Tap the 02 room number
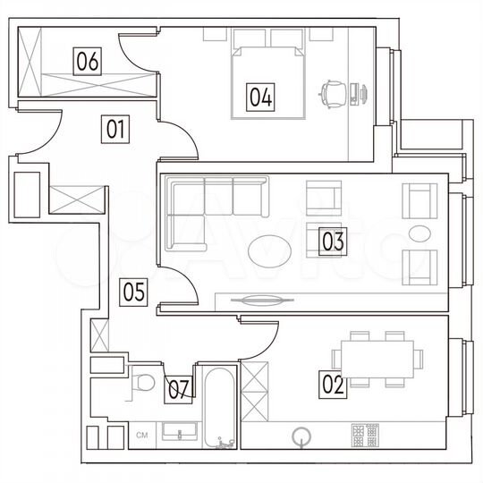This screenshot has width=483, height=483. click(333, 385)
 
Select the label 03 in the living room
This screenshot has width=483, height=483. click(333, 241)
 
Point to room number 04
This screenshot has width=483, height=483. click(260, 96)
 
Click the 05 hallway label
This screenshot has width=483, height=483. click(134, 292)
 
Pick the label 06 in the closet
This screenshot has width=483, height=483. click(87, 62)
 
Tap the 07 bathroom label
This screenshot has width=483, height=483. click(179, 388)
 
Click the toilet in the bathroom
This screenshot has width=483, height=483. click(142, 382)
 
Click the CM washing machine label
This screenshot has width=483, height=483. click(141, 436)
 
